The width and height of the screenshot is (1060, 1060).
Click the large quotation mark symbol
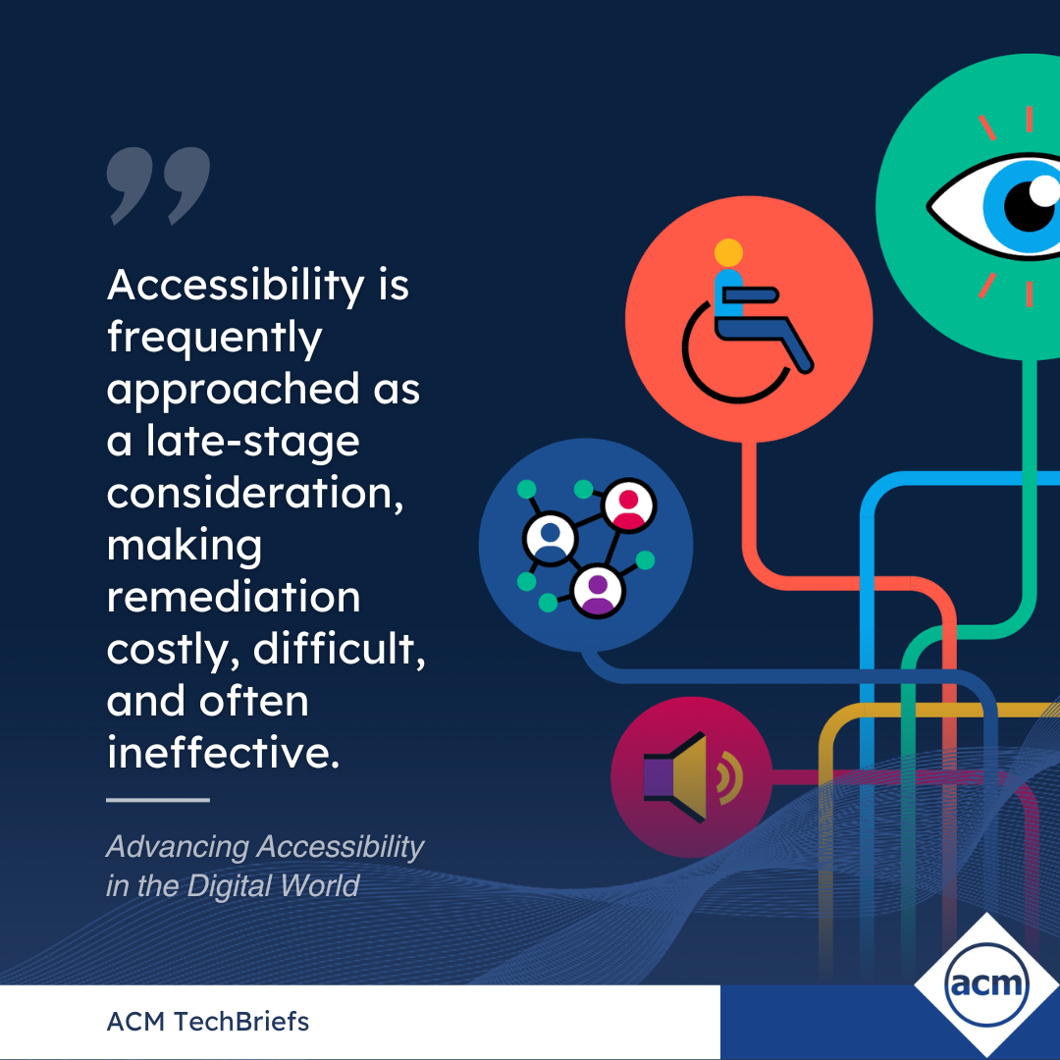tap(158, 185)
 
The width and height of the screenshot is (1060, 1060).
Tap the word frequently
tap(214, 338)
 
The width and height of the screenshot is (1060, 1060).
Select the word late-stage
tap(253, 442)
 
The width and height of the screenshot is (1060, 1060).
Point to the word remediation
tap(234, 597)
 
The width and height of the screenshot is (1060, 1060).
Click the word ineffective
tap(223, 752)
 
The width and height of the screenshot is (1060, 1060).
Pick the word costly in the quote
tap(173, 651)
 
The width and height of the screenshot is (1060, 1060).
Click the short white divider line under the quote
tap(157, 800)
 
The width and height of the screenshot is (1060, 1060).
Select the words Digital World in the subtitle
tap(273, 885)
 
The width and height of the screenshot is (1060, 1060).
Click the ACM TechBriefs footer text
tap(207, 1022)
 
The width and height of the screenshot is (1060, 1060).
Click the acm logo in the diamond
tap(986, 985)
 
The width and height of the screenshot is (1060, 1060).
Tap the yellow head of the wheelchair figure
tap(728, 253)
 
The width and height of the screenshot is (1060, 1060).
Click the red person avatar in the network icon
tap(629, 506)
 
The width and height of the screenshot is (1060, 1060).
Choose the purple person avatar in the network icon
tap(598, 591)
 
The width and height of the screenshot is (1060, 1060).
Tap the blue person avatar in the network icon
tap(551, 539)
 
